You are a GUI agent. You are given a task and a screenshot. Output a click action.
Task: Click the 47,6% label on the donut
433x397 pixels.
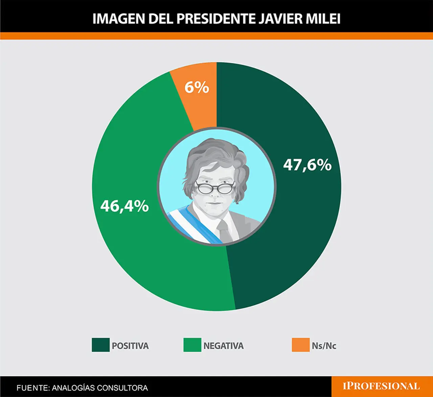click(307, 165)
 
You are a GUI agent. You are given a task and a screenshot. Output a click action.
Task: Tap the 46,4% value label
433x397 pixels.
click(124, 206)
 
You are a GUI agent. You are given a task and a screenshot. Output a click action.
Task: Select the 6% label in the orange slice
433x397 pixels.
click(197, 87)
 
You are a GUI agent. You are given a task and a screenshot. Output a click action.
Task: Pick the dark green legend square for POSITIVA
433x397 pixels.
click(100, 345)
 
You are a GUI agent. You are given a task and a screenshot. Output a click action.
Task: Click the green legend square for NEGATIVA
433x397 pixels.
click(192, 345)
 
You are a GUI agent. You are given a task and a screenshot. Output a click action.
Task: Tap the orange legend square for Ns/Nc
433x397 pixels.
click(301, 345)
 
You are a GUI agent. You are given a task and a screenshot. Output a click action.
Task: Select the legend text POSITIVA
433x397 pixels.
click(130, 346)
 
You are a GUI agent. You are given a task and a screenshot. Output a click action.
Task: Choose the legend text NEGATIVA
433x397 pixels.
click(224, 346)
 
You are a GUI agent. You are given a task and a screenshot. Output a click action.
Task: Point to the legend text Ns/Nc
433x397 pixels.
click(324, 346)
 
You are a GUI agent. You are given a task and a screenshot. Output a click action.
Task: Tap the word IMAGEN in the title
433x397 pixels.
click(118, 19)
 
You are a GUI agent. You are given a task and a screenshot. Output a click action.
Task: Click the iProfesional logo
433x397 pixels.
click(381, 386)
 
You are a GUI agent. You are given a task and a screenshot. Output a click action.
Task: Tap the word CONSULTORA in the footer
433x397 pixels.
click(122, 388)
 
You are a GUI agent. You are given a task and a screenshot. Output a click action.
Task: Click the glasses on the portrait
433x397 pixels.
click(215, 187)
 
